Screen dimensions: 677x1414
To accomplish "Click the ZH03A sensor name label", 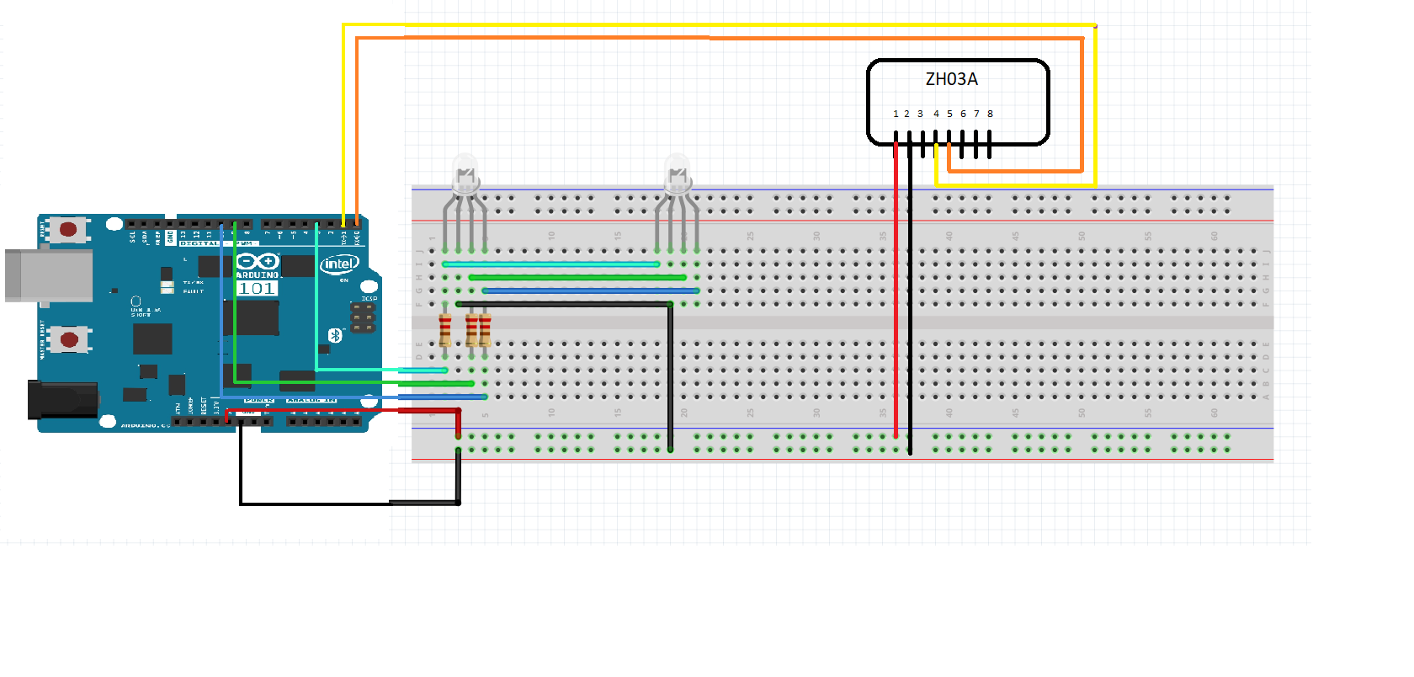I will (951, 79).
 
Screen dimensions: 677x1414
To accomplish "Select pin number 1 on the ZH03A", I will (896, 114).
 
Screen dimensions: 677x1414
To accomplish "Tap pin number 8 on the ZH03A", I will (990, 114).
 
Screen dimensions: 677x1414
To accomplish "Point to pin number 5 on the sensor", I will (949, 114).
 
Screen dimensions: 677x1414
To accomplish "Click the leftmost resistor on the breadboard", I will (445, 330).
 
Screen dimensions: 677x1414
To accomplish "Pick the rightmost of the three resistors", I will (485, 330).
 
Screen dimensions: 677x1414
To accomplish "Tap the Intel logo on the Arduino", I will (339, 264).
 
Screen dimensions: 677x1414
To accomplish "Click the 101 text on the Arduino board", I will (257, 289).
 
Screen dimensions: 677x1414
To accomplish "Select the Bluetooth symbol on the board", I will (335, 335).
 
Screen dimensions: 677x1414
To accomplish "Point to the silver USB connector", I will (49, 275).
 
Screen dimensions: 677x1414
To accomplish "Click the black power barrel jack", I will (62, 399).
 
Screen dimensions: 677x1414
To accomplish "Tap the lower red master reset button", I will (69, 340).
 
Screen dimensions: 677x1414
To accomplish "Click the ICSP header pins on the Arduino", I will (363, 317).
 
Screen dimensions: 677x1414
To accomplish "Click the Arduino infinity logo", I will (257, 261).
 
